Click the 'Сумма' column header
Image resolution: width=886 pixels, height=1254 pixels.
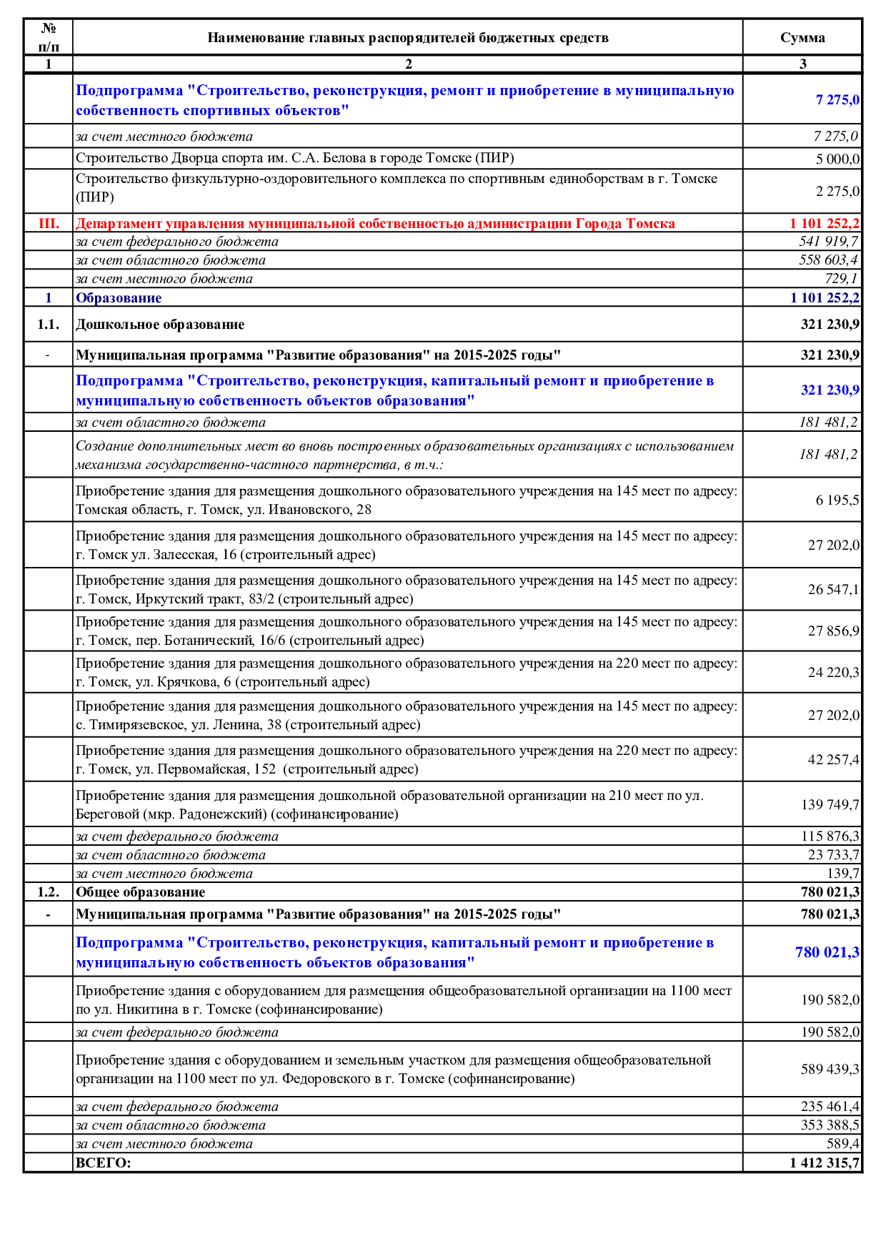(x=802, y=38)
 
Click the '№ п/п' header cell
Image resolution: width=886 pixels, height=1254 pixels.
(x=48, y=37)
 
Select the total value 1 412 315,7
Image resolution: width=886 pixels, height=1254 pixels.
(x=824, y=1162)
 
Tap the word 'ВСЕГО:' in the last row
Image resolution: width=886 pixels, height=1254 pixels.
(x=104, y=1162)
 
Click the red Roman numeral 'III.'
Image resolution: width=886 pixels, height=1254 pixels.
(x=49, y=223)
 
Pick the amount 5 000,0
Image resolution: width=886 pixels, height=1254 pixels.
(x=837, y=159)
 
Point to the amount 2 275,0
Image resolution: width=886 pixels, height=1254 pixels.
(x=837, y=192)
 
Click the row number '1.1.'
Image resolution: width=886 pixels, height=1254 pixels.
(x=48, y=325)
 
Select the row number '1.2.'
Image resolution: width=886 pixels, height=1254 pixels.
(x=48, y=892)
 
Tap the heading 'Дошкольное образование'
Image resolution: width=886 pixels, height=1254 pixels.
(x=160, y=325)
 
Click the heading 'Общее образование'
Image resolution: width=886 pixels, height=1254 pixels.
(x=140, y=892)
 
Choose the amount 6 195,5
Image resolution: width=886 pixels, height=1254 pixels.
(x=837, y=500)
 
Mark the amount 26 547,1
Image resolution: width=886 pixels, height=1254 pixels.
(x=833, y=590)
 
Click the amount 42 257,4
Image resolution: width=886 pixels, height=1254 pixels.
(x=833, y=760)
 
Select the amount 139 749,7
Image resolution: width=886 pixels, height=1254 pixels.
(x=830, y=805)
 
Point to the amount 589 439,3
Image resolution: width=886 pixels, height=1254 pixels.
(x=830, y=1070)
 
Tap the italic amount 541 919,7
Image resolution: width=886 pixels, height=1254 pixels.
(x=828, y=242)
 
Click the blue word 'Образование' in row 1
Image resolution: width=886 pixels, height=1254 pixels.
(x=119, y=298)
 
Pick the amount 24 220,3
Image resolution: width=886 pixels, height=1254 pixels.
(x=833, y=673)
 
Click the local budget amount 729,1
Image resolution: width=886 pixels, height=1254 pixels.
(x=841, y=279)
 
